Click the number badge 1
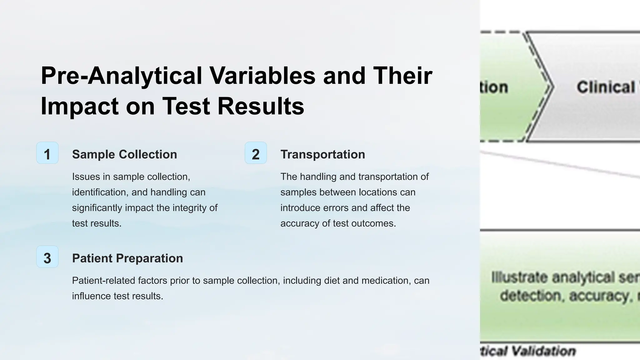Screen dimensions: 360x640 click(x=47, y=153)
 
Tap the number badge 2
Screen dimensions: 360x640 click(x=256, y=153)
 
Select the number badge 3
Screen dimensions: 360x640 click(x=47, y=257)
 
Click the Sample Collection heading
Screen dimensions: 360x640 click(x=124, y=154)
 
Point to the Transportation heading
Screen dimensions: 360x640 click(x=322, y=154)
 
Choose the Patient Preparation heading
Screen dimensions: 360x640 click(x=127, y=258)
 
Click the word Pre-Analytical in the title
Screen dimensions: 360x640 click(x=121, y=76)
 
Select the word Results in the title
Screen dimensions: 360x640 click(x=261, y=106)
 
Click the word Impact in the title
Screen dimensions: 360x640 click(x=79, y=106)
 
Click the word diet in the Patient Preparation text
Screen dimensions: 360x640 click(x=332, y=281)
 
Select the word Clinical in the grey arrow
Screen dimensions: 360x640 click(x=606, y=87)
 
